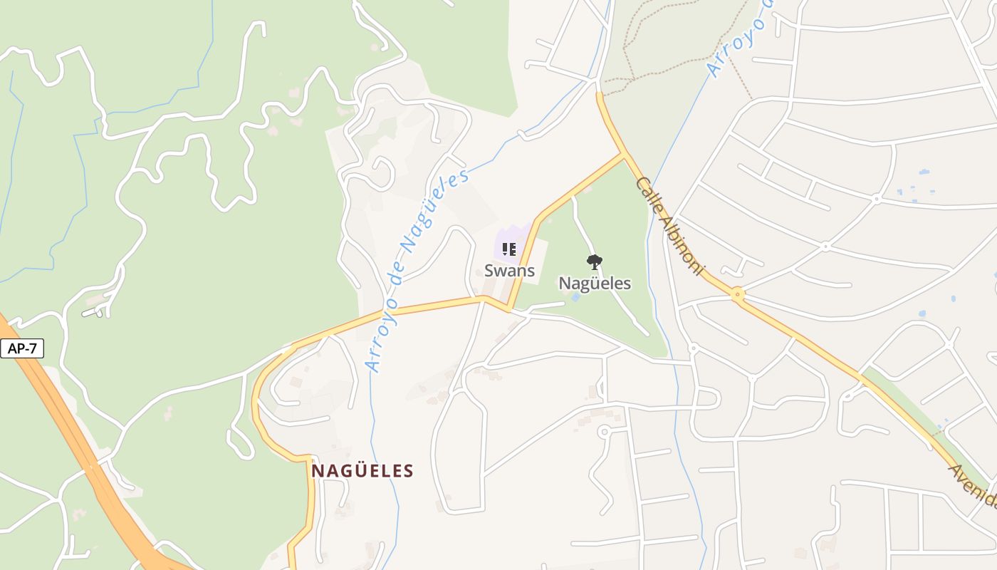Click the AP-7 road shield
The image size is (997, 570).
pyautogui.click(x=22, y=348)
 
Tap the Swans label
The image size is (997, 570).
pyautogui.click(x=509, y=271)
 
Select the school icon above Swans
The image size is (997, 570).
pyautogui.click(x=508, y=249)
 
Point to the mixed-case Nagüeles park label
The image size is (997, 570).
pyautogui.click(x=595, y=283)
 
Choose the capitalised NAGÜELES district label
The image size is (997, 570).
pyautogui.click(x=362, y=471)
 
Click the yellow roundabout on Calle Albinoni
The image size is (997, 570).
pyautogui.click(x=738, y=293)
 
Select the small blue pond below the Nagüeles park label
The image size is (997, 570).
pyautogui.click(x=575, y=296)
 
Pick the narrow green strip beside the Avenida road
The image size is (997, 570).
pyautogui.click(x=904, y=406)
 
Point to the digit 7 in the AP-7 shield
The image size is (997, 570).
pyautogui.click(x=33, y=348)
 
